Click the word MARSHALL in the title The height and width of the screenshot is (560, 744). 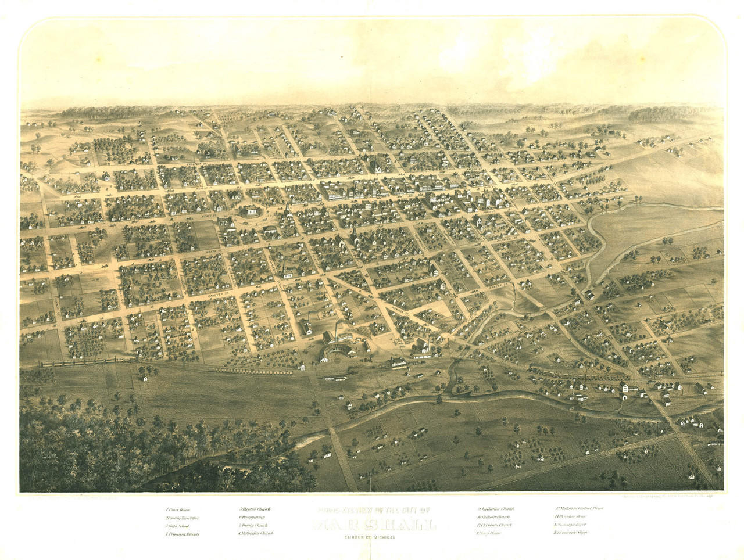(x=375, y=526)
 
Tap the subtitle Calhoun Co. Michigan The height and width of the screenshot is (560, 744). (x=366, y=537)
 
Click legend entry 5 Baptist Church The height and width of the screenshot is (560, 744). (x=255, y=509)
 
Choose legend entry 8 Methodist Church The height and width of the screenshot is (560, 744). (x=255, y=533)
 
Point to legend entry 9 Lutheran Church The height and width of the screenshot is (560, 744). (x=496, y=509)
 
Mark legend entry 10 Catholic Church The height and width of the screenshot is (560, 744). (x=494, y=517)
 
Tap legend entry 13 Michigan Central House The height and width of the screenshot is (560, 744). (x=580, y=508)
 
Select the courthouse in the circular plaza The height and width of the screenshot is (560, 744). (x=252, y=211)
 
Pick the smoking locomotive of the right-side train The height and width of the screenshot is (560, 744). (x=535, y=368)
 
